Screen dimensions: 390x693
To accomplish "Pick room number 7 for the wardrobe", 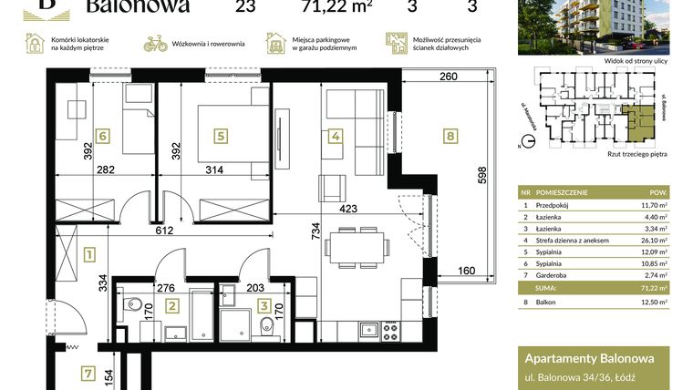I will (x=88, y=372).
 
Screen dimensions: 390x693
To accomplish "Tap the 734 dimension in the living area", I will (x=315, y=239).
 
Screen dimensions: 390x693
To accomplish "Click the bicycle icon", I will (x=156, y=43).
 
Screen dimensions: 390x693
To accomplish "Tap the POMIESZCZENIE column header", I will (x=562, y=193).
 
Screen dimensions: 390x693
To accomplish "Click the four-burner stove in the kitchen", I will (x=389, y=329).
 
